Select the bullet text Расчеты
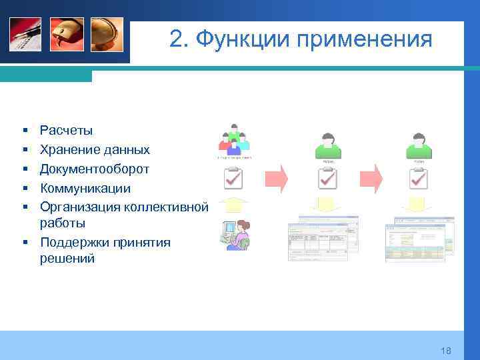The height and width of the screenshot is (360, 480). pyautogui.click(x=66, y=130)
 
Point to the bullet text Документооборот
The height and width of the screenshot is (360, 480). pyautogui.click(x=94, y=169)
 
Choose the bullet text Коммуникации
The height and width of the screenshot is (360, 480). pyautogui.click(x=85, y=189)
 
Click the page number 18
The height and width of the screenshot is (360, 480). pyautogui.click(x=446, y=351)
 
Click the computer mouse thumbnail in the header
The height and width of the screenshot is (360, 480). pyautogui.click(x=67, y=34)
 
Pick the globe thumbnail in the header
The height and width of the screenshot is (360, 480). pyautogui.click(x=107, y=34)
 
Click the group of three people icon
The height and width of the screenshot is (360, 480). pyautogui.click(x=233, y=140)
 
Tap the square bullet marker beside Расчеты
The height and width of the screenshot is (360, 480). pyautogui.click(x=23, y=131)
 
